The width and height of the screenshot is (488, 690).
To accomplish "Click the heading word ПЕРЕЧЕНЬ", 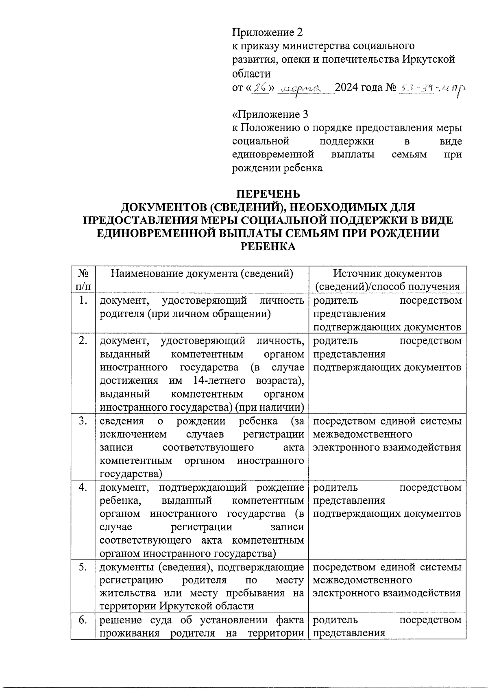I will pos(268,194).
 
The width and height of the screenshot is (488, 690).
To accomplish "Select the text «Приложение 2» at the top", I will pos(267,32).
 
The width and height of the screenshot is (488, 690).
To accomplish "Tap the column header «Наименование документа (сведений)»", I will pos(202,274).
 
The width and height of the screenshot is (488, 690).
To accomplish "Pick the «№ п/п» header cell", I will pos(83,280).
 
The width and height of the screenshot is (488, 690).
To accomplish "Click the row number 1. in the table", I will pos(83,301).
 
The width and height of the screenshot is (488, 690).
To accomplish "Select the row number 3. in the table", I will pos(83,421).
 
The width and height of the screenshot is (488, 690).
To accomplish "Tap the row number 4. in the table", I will pos(83,488).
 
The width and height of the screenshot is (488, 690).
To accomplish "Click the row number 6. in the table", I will pos(83,620).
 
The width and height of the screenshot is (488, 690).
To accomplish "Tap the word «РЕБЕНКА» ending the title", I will pos(268,246).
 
